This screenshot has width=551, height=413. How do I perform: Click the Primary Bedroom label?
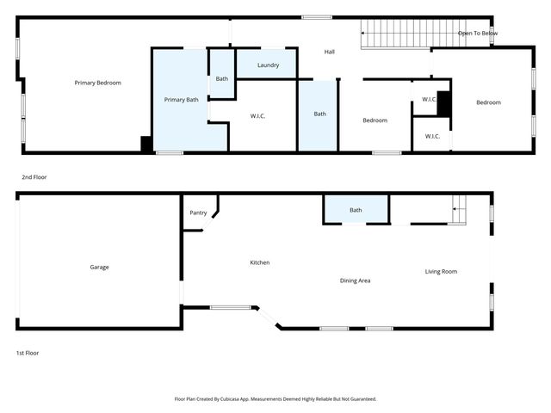click(97, 83)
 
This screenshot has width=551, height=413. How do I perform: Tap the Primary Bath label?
click(181, 100)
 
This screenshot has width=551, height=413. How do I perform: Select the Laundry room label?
click(268, 65)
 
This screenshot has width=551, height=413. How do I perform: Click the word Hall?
click(329, 52)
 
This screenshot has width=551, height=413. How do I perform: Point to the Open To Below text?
click(477, 34)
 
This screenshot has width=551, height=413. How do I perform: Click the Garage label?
click(99, 267)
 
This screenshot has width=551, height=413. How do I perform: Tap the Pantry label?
click(197, 213)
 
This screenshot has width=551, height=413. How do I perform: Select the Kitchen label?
click(260, 262)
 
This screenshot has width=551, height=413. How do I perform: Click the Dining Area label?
click(355, 280)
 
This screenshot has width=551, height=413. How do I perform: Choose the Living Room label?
click(441, 272)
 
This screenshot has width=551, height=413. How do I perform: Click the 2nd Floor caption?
click(34, 177)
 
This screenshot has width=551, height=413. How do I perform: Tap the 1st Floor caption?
click(28, 353)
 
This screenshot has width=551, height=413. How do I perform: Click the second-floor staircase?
click(406, 34)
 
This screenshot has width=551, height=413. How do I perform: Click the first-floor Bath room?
click(356, 210)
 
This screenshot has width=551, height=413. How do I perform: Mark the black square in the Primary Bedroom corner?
click(146, 145)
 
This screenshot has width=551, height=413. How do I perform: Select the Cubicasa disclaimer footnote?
click(275, 399)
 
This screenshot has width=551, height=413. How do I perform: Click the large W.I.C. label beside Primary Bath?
click(258, 115)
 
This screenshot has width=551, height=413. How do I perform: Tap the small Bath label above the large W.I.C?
click(222, 79)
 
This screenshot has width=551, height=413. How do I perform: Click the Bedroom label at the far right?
click(488, 102)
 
